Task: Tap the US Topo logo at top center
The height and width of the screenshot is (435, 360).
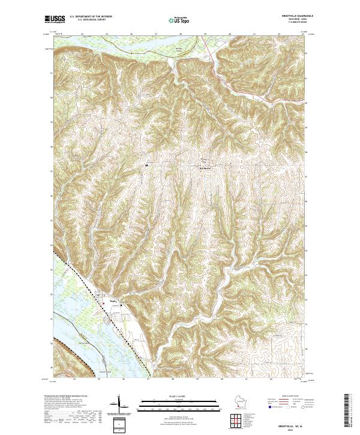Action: coord(179,20)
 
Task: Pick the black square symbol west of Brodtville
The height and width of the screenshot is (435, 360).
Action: coord(148,167)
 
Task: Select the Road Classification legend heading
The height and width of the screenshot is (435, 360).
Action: coord(286,396)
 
